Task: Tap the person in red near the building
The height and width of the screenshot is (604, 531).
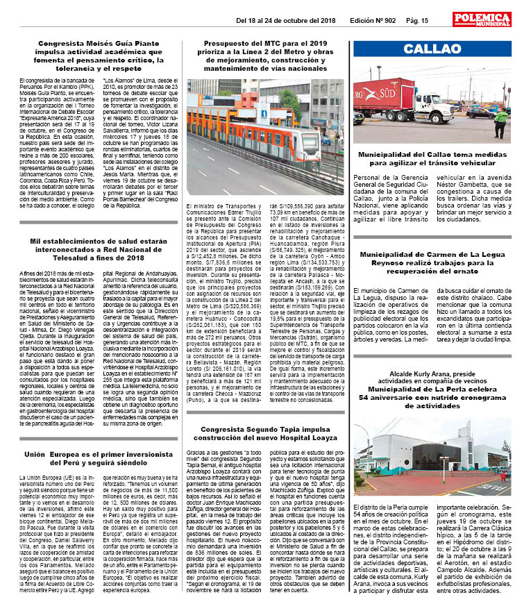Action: tap(503, 476)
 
